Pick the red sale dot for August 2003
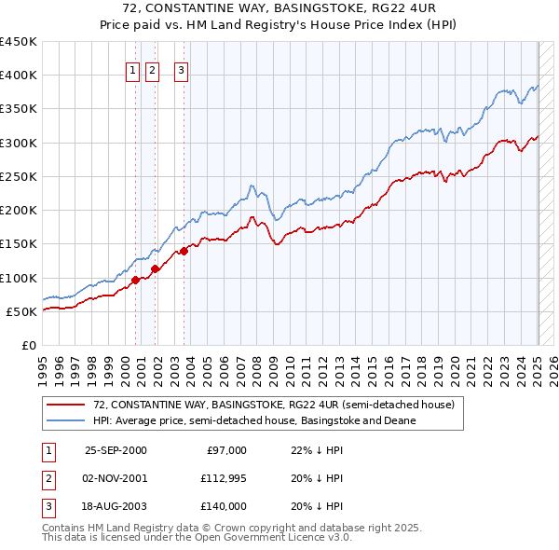coord(184,250)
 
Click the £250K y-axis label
coord(19,176)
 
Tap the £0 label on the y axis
coord(29,345)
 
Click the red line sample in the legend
coord(65,406)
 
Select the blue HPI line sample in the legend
coord(65,420)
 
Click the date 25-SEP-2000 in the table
coord(116,450)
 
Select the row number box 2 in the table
coord(48,478)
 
